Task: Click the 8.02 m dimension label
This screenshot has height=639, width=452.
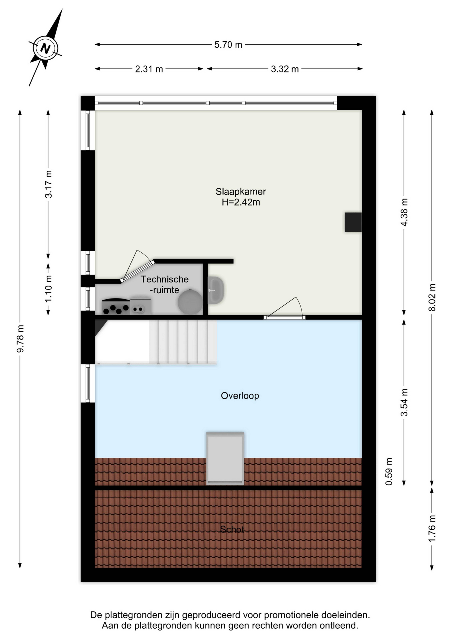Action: point(432,297)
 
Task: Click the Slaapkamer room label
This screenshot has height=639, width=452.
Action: point(241,191)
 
